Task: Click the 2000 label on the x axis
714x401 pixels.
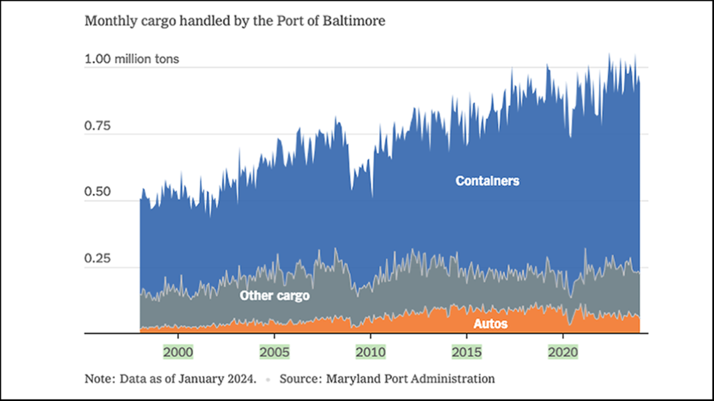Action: [x=177, y=352]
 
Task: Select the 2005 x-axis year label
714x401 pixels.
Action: [x=273, y=352]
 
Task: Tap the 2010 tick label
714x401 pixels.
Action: [x=370, y=352]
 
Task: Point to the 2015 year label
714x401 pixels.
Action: [x=466, y=352]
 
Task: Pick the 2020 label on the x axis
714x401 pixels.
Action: [x=563, y=352]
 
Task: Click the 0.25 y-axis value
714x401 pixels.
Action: [x=98, y=258]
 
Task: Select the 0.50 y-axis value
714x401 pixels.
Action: [x=98, y=192]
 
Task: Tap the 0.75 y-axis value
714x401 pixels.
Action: [x=98, y=125]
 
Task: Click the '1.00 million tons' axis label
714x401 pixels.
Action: [x=132, y=59]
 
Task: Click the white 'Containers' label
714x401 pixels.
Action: [x=487, y=181]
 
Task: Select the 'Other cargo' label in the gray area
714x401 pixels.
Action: [x=274, y=295]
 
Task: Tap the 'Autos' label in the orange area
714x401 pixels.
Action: [x=490, y=324]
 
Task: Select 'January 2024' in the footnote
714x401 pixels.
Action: [x=222, y=379]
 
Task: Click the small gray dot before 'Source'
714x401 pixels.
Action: [x=268, y=380]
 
